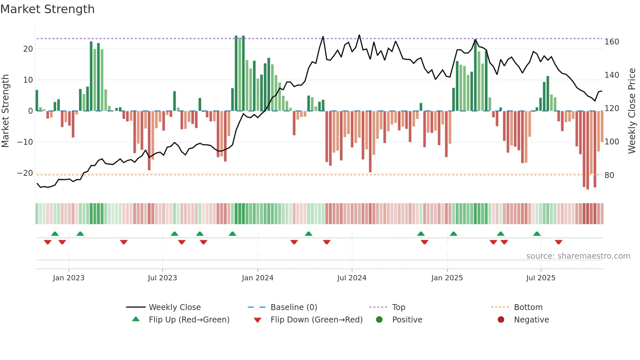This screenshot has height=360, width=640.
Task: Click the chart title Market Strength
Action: tap(47, 9)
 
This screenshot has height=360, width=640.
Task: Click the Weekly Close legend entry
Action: tap(174, 307)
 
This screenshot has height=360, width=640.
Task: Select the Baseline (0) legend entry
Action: tap(294, 307)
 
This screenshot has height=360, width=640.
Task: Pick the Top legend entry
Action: tap(398, 307)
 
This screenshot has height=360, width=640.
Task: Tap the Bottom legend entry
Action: tap(528, 307)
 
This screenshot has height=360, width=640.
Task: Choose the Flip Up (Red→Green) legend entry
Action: tap(189, 319)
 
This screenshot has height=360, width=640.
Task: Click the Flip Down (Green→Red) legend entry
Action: tap(316, 319)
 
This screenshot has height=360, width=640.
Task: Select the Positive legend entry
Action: tap(407, 319)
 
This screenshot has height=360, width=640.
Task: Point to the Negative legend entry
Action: tap(531, 319)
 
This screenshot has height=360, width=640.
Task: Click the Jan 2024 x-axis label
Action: tap(258, 278)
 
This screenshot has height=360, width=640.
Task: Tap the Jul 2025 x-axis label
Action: tap(541, 278)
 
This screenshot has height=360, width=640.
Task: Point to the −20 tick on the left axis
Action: tap(25, 173)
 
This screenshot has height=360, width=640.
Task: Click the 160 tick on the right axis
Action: tap(612, 42)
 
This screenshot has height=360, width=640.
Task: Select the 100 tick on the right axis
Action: tap(612, 142)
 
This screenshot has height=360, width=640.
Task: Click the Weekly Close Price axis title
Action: tap(632, 111)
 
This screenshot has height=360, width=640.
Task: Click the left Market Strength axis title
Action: tap(5, 111)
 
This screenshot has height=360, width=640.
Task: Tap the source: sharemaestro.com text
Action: tap(578, 256)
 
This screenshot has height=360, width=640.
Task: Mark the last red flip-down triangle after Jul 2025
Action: tap(558, 242)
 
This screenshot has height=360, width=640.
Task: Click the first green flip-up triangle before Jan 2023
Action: tap(55, 234)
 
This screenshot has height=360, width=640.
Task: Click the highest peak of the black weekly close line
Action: tap(359, 35)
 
